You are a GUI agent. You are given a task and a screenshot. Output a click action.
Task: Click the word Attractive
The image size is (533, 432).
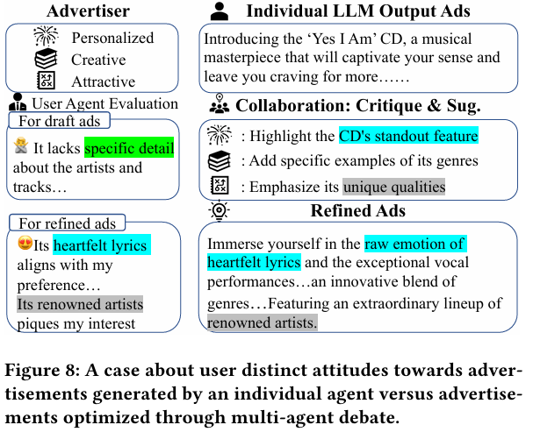[x=104, y=81]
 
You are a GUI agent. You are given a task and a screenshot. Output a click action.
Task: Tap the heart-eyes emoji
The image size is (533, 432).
[x=25, y=244]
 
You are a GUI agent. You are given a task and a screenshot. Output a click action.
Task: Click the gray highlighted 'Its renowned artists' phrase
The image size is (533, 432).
[x=79, y=303]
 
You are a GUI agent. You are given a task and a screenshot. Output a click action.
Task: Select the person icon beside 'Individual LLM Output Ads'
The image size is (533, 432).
[x=220, y=11]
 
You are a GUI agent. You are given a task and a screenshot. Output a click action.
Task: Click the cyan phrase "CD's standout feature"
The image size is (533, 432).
[x=408, y=137]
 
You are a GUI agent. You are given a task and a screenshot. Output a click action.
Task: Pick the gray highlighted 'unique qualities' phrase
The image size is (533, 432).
[x=393, y=187]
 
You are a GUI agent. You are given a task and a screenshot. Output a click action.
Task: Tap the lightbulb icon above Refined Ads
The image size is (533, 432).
[x=219, y=211]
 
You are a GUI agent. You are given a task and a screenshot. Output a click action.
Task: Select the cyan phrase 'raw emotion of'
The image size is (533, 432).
[x=415, y=244]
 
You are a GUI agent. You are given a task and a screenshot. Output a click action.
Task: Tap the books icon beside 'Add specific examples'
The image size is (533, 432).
[x=219, y=161]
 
